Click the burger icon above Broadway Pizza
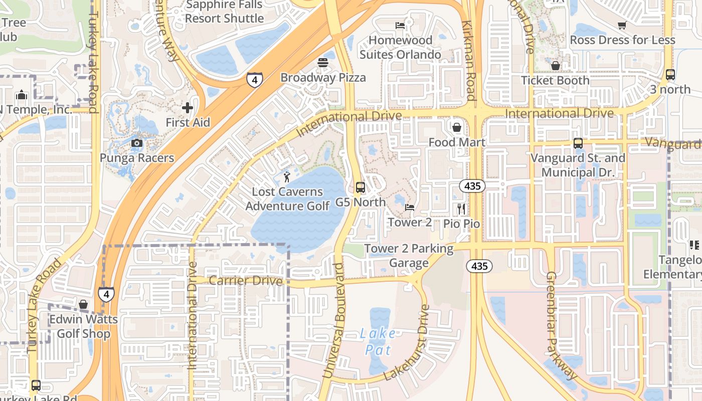pos(322,63)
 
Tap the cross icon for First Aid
pos(187,107)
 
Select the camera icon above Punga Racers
pos(136,143)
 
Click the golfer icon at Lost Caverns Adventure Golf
pos(287,176)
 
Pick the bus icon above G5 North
pos(360,187)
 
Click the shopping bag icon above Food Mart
pos(456,127)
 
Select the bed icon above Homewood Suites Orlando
pos(400,25)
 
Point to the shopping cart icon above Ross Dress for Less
pos(622,25)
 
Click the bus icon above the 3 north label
pos(670,75)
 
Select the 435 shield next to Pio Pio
pos(472,186)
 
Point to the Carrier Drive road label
pos(246,280)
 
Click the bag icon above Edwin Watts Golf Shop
pos(83,304)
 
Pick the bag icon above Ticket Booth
pos(555,66)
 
